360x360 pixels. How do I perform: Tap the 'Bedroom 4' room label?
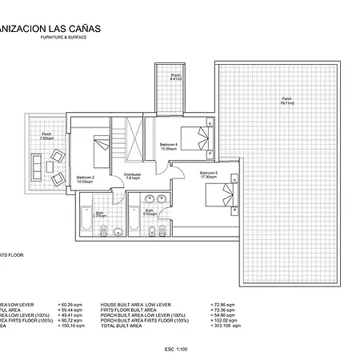tap(169, 146)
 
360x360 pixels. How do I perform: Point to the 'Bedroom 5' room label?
tap(209, 174)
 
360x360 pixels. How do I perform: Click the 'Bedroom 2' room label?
tap(86, 178)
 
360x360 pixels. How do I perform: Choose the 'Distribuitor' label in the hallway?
tap(133, 175)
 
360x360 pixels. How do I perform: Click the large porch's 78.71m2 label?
tap(286, 102)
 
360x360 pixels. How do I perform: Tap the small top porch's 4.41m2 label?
tap(177, 78)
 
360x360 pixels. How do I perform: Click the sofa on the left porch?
tap(35, 164)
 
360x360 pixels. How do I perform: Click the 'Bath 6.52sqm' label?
tap(148, 212)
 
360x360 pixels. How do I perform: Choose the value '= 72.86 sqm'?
tap(226, 305)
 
